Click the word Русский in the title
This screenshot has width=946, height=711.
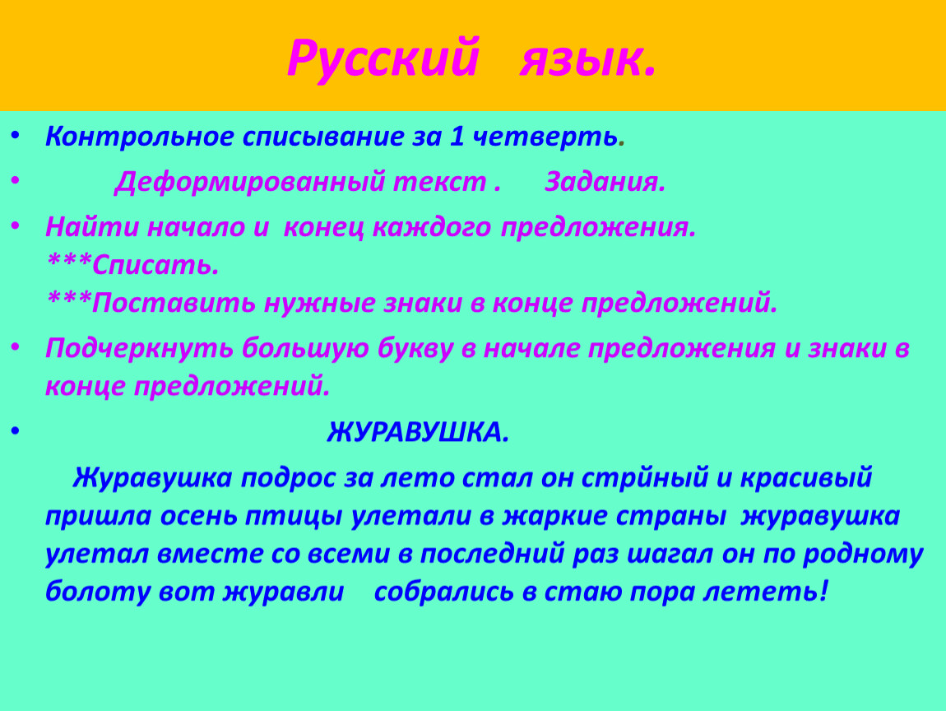383,58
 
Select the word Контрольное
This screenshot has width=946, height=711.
140,137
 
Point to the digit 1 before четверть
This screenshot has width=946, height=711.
457,137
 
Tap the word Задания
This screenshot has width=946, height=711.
605,181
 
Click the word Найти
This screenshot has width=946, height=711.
91,227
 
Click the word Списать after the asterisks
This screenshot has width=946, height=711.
155,264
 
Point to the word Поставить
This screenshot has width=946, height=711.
174,302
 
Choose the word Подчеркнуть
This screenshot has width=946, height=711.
139,349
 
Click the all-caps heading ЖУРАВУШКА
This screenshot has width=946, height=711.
418,432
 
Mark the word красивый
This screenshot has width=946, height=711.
806,478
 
